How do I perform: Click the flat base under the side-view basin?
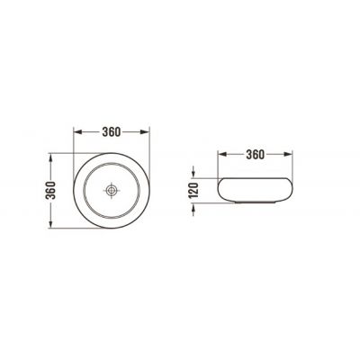255,203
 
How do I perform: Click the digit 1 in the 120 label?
191,197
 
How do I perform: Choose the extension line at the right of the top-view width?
147,144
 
